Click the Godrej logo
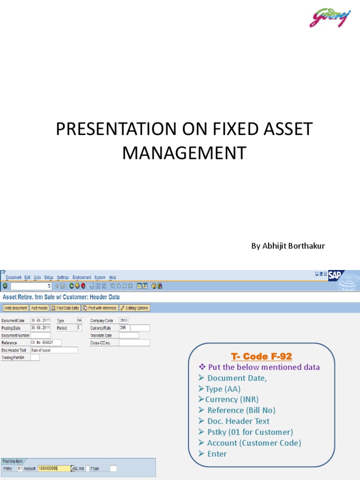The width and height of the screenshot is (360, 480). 330,18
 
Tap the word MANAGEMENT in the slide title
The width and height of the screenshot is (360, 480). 184,153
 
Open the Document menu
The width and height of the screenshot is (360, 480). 14,277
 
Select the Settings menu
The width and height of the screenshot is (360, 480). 63,277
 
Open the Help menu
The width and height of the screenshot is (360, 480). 112,277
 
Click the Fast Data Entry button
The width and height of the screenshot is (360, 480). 66,308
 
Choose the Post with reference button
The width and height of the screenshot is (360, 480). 100,308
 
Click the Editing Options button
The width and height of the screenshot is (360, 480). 135,308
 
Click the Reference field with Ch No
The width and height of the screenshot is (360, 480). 45,343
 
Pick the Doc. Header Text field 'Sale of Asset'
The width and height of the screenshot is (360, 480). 54,350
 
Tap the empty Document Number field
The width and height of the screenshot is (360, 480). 40,335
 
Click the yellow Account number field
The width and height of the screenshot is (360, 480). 54,468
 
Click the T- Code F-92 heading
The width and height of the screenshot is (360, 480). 262,356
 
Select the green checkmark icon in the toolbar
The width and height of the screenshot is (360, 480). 5,285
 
